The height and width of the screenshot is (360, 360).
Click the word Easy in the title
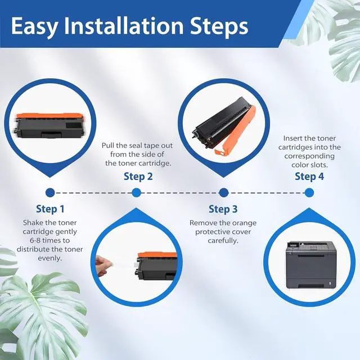[x=34, y=26]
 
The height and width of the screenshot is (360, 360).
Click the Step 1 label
[x=50, y=209]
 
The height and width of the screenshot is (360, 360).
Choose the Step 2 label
[x=138, y=176]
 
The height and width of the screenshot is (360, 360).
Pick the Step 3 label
[x=223, y=209]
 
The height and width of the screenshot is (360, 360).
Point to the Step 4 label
[x=309, y=176]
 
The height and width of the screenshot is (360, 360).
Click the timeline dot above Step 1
[x=50, y=192]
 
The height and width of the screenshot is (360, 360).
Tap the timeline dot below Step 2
[x=136, y=192]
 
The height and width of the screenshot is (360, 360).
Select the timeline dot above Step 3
[x=224, y=192]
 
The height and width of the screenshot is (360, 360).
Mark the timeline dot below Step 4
[x=309, y=192]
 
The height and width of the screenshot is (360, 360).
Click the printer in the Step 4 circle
[x=311, y=264]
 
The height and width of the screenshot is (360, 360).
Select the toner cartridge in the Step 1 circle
[x=49, y=125]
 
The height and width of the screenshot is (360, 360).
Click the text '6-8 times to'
[x=49, y=240]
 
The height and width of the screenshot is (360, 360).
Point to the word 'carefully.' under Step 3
[x=223, y=241]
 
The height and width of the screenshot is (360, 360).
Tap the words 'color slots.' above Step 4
[x=309, y=165]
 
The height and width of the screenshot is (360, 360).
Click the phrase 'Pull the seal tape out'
[x=137, y=146]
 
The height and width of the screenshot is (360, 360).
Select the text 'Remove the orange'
[x=223, y=223]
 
